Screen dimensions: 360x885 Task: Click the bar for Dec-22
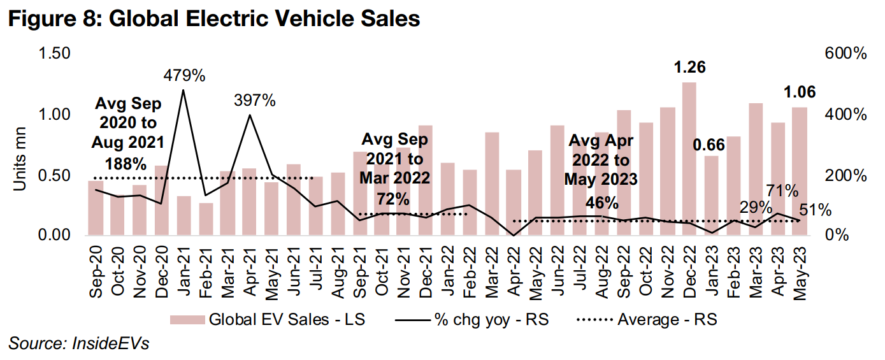pos(689,159)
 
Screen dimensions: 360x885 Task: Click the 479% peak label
pos(183,76)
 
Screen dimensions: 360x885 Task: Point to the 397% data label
pos(254,101)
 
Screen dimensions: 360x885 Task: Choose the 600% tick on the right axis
pos(845,54)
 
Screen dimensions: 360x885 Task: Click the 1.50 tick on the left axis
pos(55,54)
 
